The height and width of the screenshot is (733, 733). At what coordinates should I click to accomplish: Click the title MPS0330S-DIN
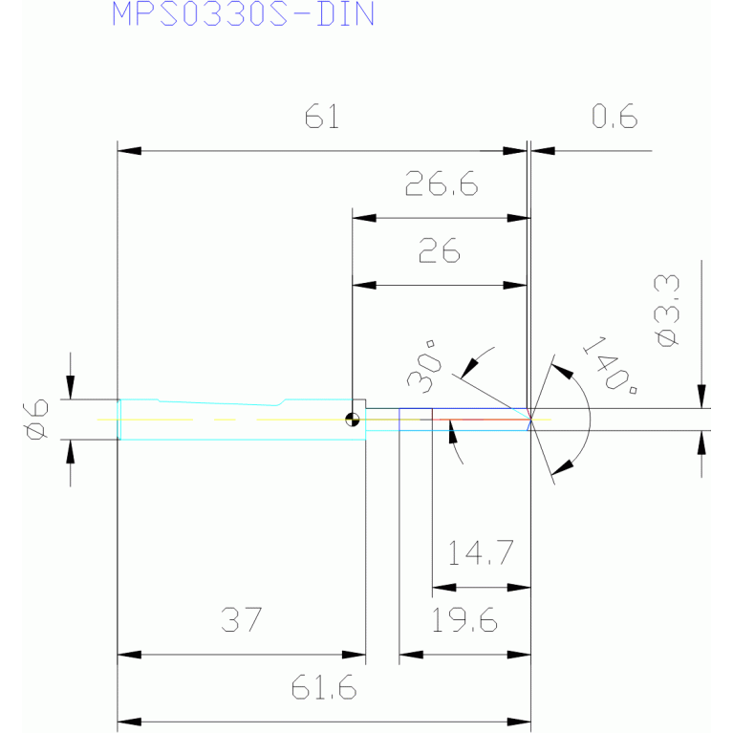pos(243,13)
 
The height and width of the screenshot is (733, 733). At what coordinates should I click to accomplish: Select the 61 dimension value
pos(322,116)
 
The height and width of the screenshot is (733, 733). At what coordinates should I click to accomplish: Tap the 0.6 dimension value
pos(614,116)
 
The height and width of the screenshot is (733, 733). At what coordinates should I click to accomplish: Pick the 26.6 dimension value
pos(442,183)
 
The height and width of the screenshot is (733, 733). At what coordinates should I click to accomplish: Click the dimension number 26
pos(439,250)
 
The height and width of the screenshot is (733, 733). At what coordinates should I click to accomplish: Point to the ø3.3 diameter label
pos(667,311)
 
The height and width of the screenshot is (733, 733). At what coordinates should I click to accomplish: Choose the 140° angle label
pos(610,366)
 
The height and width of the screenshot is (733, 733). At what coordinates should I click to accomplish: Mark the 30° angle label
pos(424,367)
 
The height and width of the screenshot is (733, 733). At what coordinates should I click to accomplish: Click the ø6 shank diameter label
pos(35,420)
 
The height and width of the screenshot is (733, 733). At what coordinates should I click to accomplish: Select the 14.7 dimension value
pos(481,552)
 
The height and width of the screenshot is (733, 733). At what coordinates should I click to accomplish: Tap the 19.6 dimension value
pos(464,620)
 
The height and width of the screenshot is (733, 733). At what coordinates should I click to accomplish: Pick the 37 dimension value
pos(241,620)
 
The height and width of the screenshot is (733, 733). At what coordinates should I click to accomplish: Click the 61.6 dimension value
pos(323,687)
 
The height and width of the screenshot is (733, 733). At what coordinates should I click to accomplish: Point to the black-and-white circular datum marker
pos(352,420)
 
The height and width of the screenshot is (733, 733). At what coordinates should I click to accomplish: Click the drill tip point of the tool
pos(530,420)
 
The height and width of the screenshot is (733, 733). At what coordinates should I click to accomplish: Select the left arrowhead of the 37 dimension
pos(129,655)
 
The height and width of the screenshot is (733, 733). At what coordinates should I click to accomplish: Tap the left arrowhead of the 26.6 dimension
pos(364,218)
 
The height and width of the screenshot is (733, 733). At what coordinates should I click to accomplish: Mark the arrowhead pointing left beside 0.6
pos(543,151)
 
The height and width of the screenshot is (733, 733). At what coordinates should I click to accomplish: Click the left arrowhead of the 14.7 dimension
pos(444,587)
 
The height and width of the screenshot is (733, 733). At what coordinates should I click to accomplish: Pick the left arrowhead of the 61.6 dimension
pos(129,722)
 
